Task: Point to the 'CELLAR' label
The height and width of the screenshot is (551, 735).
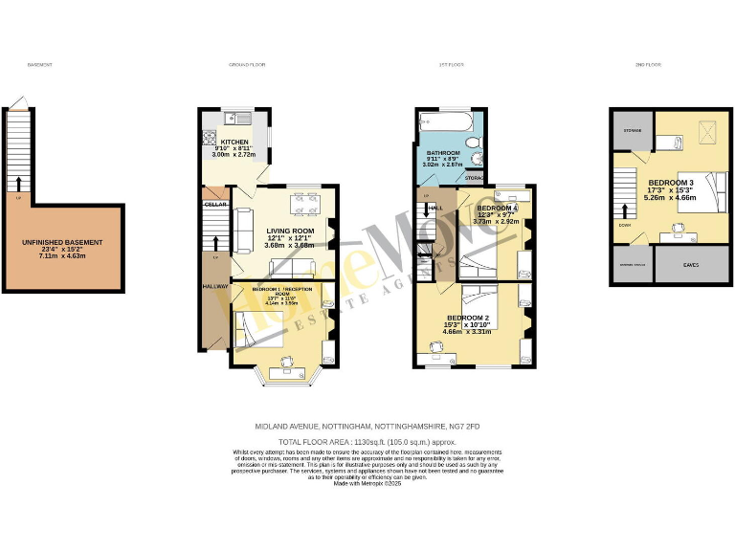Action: [215, 204]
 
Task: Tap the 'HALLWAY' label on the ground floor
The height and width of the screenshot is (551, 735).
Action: [213, 286]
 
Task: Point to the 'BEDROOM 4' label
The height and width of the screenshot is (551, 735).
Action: [497, 208]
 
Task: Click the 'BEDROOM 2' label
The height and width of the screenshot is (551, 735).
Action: [466, 318]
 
